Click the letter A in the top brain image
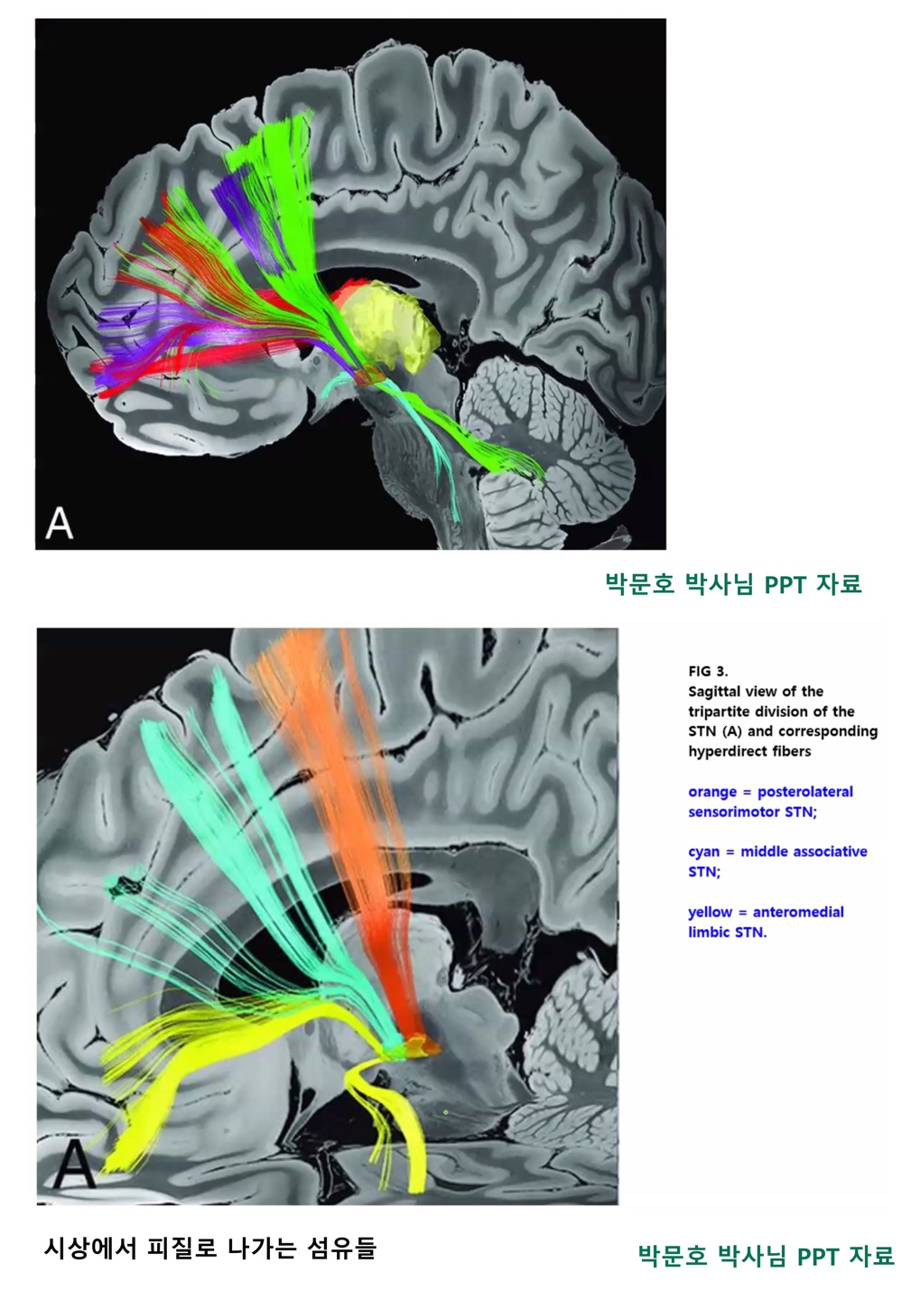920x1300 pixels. tap(60, 523)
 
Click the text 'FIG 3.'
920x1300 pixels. tap(708, 671)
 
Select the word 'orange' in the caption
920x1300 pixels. tap(711, 792)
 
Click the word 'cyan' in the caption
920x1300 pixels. tap(704, 851)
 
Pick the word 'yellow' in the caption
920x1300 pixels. tap(710, 912)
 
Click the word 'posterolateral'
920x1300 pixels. tap(804, 792)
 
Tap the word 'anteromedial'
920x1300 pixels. tap(798, 912)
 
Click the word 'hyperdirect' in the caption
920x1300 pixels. tap(731, 751)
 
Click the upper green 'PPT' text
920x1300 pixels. tap(785, 584)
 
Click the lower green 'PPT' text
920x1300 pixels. tap(817, 1256)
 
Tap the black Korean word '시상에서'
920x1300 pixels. tap(88, 1249)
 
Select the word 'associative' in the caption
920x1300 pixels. tap(804, 851)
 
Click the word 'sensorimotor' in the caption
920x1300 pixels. tap(734, 812)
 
